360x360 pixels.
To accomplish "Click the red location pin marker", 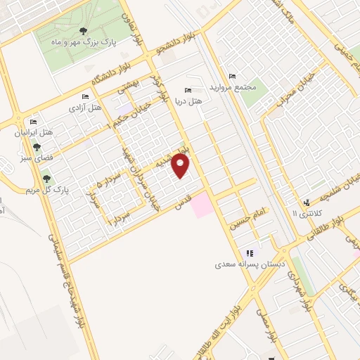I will coord(181,166).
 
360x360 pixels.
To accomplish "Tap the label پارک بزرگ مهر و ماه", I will coord(83,42).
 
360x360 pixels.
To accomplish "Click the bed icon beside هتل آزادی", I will coord(85,96).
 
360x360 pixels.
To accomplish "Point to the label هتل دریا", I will coord(187,101).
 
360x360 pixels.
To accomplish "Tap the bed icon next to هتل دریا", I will coord(187,90).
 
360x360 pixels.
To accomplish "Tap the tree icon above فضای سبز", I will coord(37,147).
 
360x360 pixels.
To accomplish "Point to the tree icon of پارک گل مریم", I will coord(46,179).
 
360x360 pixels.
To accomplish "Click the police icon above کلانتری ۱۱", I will coord(306,202).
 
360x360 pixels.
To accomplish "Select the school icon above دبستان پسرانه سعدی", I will coord(248,253).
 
